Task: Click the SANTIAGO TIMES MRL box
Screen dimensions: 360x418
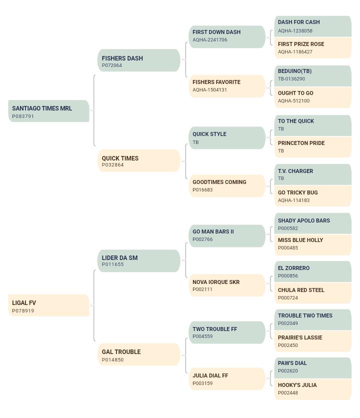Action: [x=49, y=111]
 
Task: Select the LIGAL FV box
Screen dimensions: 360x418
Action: [x=49, y=305]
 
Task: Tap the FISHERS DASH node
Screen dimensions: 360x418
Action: [x=139, y=60]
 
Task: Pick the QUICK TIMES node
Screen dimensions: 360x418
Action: [x=139, y=160]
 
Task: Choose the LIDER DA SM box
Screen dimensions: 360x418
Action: [x=139, y=260]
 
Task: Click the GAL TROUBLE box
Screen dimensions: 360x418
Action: [x=139, y=354]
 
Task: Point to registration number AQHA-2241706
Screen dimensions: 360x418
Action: [x=210, y=40]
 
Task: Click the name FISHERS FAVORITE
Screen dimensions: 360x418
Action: [x=216, y=82]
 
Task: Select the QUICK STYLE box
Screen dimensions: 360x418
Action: [x=227, y=138]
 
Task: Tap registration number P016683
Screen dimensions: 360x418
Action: [x=202, y=190]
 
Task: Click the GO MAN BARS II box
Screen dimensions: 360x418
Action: [x=227, y=236]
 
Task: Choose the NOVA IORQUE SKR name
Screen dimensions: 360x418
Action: [x=216, y=282]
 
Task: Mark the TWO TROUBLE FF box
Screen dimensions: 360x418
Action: [x=227, y=332]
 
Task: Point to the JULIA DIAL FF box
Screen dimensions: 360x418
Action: [x=227, y=379]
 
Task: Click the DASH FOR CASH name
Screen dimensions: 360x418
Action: [x=298, y=22]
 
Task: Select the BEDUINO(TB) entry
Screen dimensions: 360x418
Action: [x=313, y=75]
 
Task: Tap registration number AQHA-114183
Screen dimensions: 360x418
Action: [x=293, y=200]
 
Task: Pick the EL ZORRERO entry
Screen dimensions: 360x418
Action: [x=313, y=271]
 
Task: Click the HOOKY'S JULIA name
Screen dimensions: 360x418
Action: [x=297, y=385]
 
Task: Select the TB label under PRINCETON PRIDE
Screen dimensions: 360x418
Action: [x=281, y=151]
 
